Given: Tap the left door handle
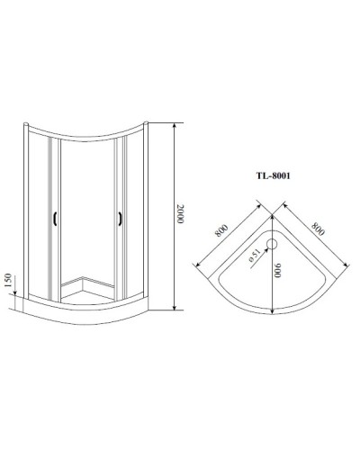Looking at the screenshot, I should tap(57, 219).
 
